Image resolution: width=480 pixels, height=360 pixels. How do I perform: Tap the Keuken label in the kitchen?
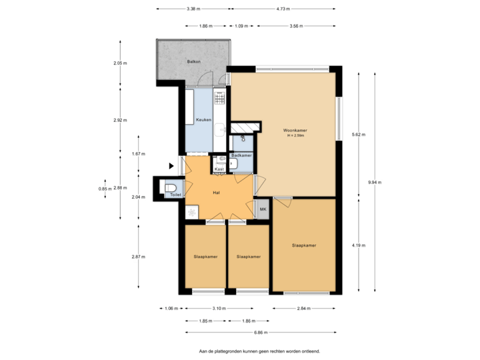pos(203,120)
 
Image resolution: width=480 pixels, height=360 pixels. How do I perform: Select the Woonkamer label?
pos(294,130)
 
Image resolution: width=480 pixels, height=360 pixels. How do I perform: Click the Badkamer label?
pos(241,155)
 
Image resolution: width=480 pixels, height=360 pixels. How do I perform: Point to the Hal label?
pos(216,192)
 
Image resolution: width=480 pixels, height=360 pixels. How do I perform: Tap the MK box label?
pos(263,209)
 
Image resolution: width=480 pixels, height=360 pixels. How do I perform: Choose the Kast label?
pos(219,169)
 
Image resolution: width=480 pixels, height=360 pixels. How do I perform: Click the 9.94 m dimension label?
pos(376,182)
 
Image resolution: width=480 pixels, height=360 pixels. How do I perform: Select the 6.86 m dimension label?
pos(261,332)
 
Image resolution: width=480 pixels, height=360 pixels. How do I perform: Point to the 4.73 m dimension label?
pos(283,9)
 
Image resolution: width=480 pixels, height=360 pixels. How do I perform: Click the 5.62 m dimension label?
pos(359,135)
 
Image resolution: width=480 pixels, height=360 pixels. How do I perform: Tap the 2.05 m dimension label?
pos(120,63)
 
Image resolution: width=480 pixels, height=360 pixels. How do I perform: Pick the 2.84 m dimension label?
pos(305,309)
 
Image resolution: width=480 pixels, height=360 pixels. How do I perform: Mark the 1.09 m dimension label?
pos(241,26)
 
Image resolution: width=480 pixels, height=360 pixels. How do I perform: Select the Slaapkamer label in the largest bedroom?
pos(304,245)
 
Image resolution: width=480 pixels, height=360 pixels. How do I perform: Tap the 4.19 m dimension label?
pos(359,245)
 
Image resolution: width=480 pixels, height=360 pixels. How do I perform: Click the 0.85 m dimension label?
pos(103,189)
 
